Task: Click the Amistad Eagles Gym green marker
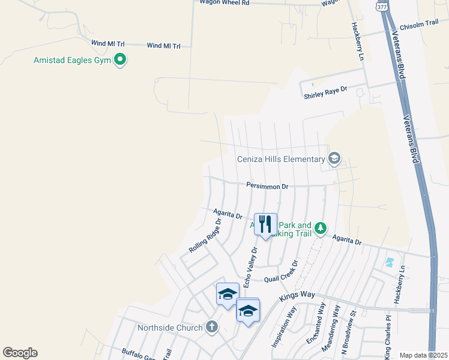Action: pos(120,60)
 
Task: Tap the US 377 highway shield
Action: pos(382,5)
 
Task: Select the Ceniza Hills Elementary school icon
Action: pos(334,159)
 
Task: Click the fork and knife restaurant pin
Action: pos(265,224)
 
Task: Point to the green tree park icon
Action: pos(321,228)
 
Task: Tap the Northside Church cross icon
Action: pos(211,327)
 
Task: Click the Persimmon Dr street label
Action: pos(267,186)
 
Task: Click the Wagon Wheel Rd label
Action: pos(224,2)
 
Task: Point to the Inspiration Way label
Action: pos(285,327)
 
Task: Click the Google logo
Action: pos(20,353)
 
